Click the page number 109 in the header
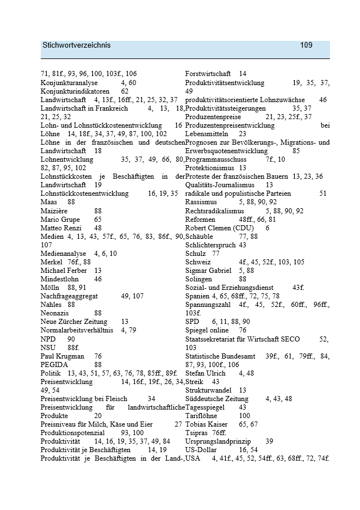click(306, 45)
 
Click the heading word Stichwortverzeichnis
click(77, 45)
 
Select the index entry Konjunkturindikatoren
click(75, 91)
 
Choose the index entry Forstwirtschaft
click(208, 74)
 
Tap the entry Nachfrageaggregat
click(73, 296)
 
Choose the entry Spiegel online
click(207, 330)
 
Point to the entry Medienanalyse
click(63, 254)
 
